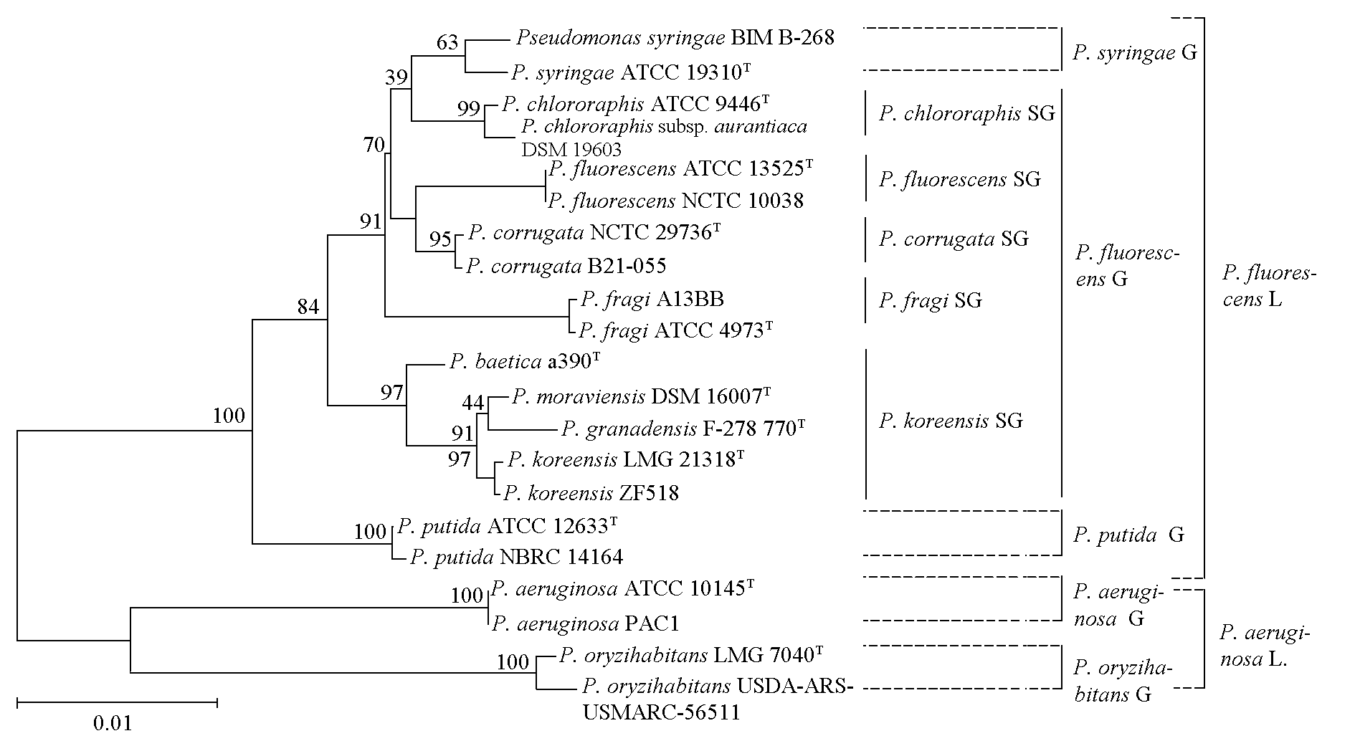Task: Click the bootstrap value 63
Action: click(447, 43)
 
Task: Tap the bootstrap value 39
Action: click(396, 77)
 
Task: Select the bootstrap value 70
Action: click(374, 145)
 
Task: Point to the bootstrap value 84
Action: click(308, 307)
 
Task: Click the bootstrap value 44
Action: click(473, 403)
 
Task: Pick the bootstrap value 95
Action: click(440, 239)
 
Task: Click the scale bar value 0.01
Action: click(113, 723)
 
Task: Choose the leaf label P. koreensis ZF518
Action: click(591, 493)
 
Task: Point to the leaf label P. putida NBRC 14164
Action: click(516, 557)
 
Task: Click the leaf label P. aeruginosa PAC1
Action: click(585, 624)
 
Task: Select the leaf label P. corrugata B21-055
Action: click(566, 267)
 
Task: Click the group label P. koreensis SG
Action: click(951, 421)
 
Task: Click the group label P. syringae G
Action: click(1135, 52)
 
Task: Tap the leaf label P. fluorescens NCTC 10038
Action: click(675, 201)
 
